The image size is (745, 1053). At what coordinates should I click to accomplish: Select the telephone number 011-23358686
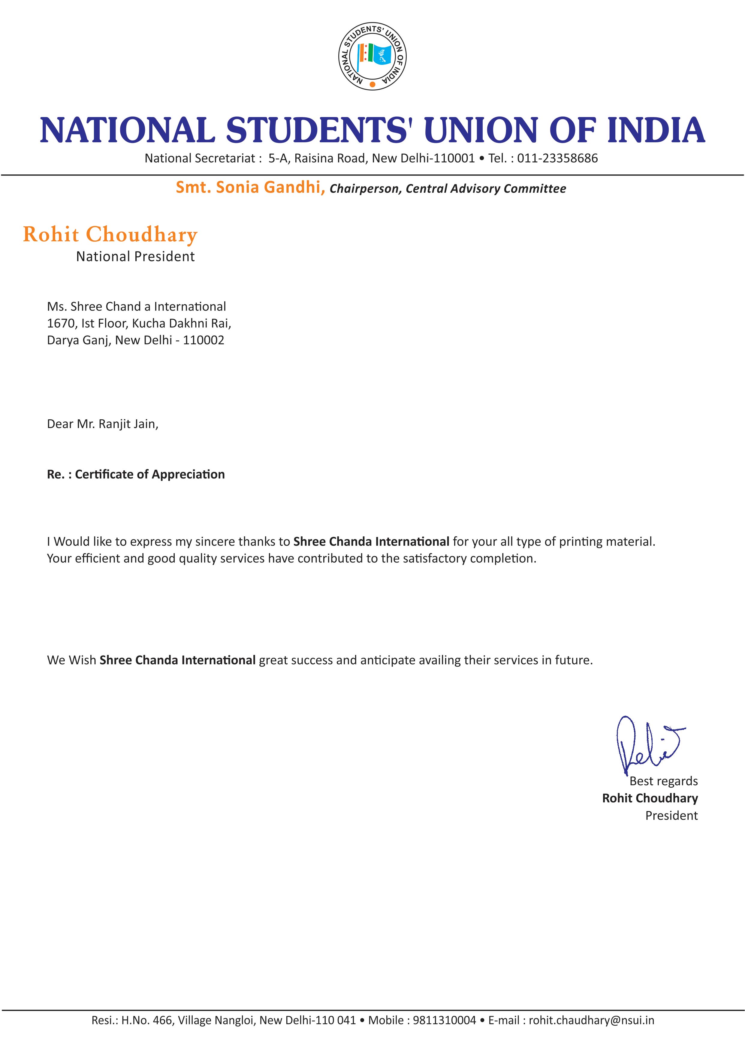tap(557, 158)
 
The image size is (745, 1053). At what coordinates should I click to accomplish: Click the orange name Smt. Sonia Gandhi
tap(250, 187)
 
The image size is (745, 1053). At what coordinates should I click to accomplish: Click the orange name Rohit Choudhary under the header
tap(110, 234)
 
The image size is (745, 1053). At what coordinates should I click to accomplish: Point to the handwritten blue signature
tap(647, 745)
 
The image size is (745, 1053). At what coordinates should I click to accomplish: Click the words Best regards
tap(663, 781)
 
